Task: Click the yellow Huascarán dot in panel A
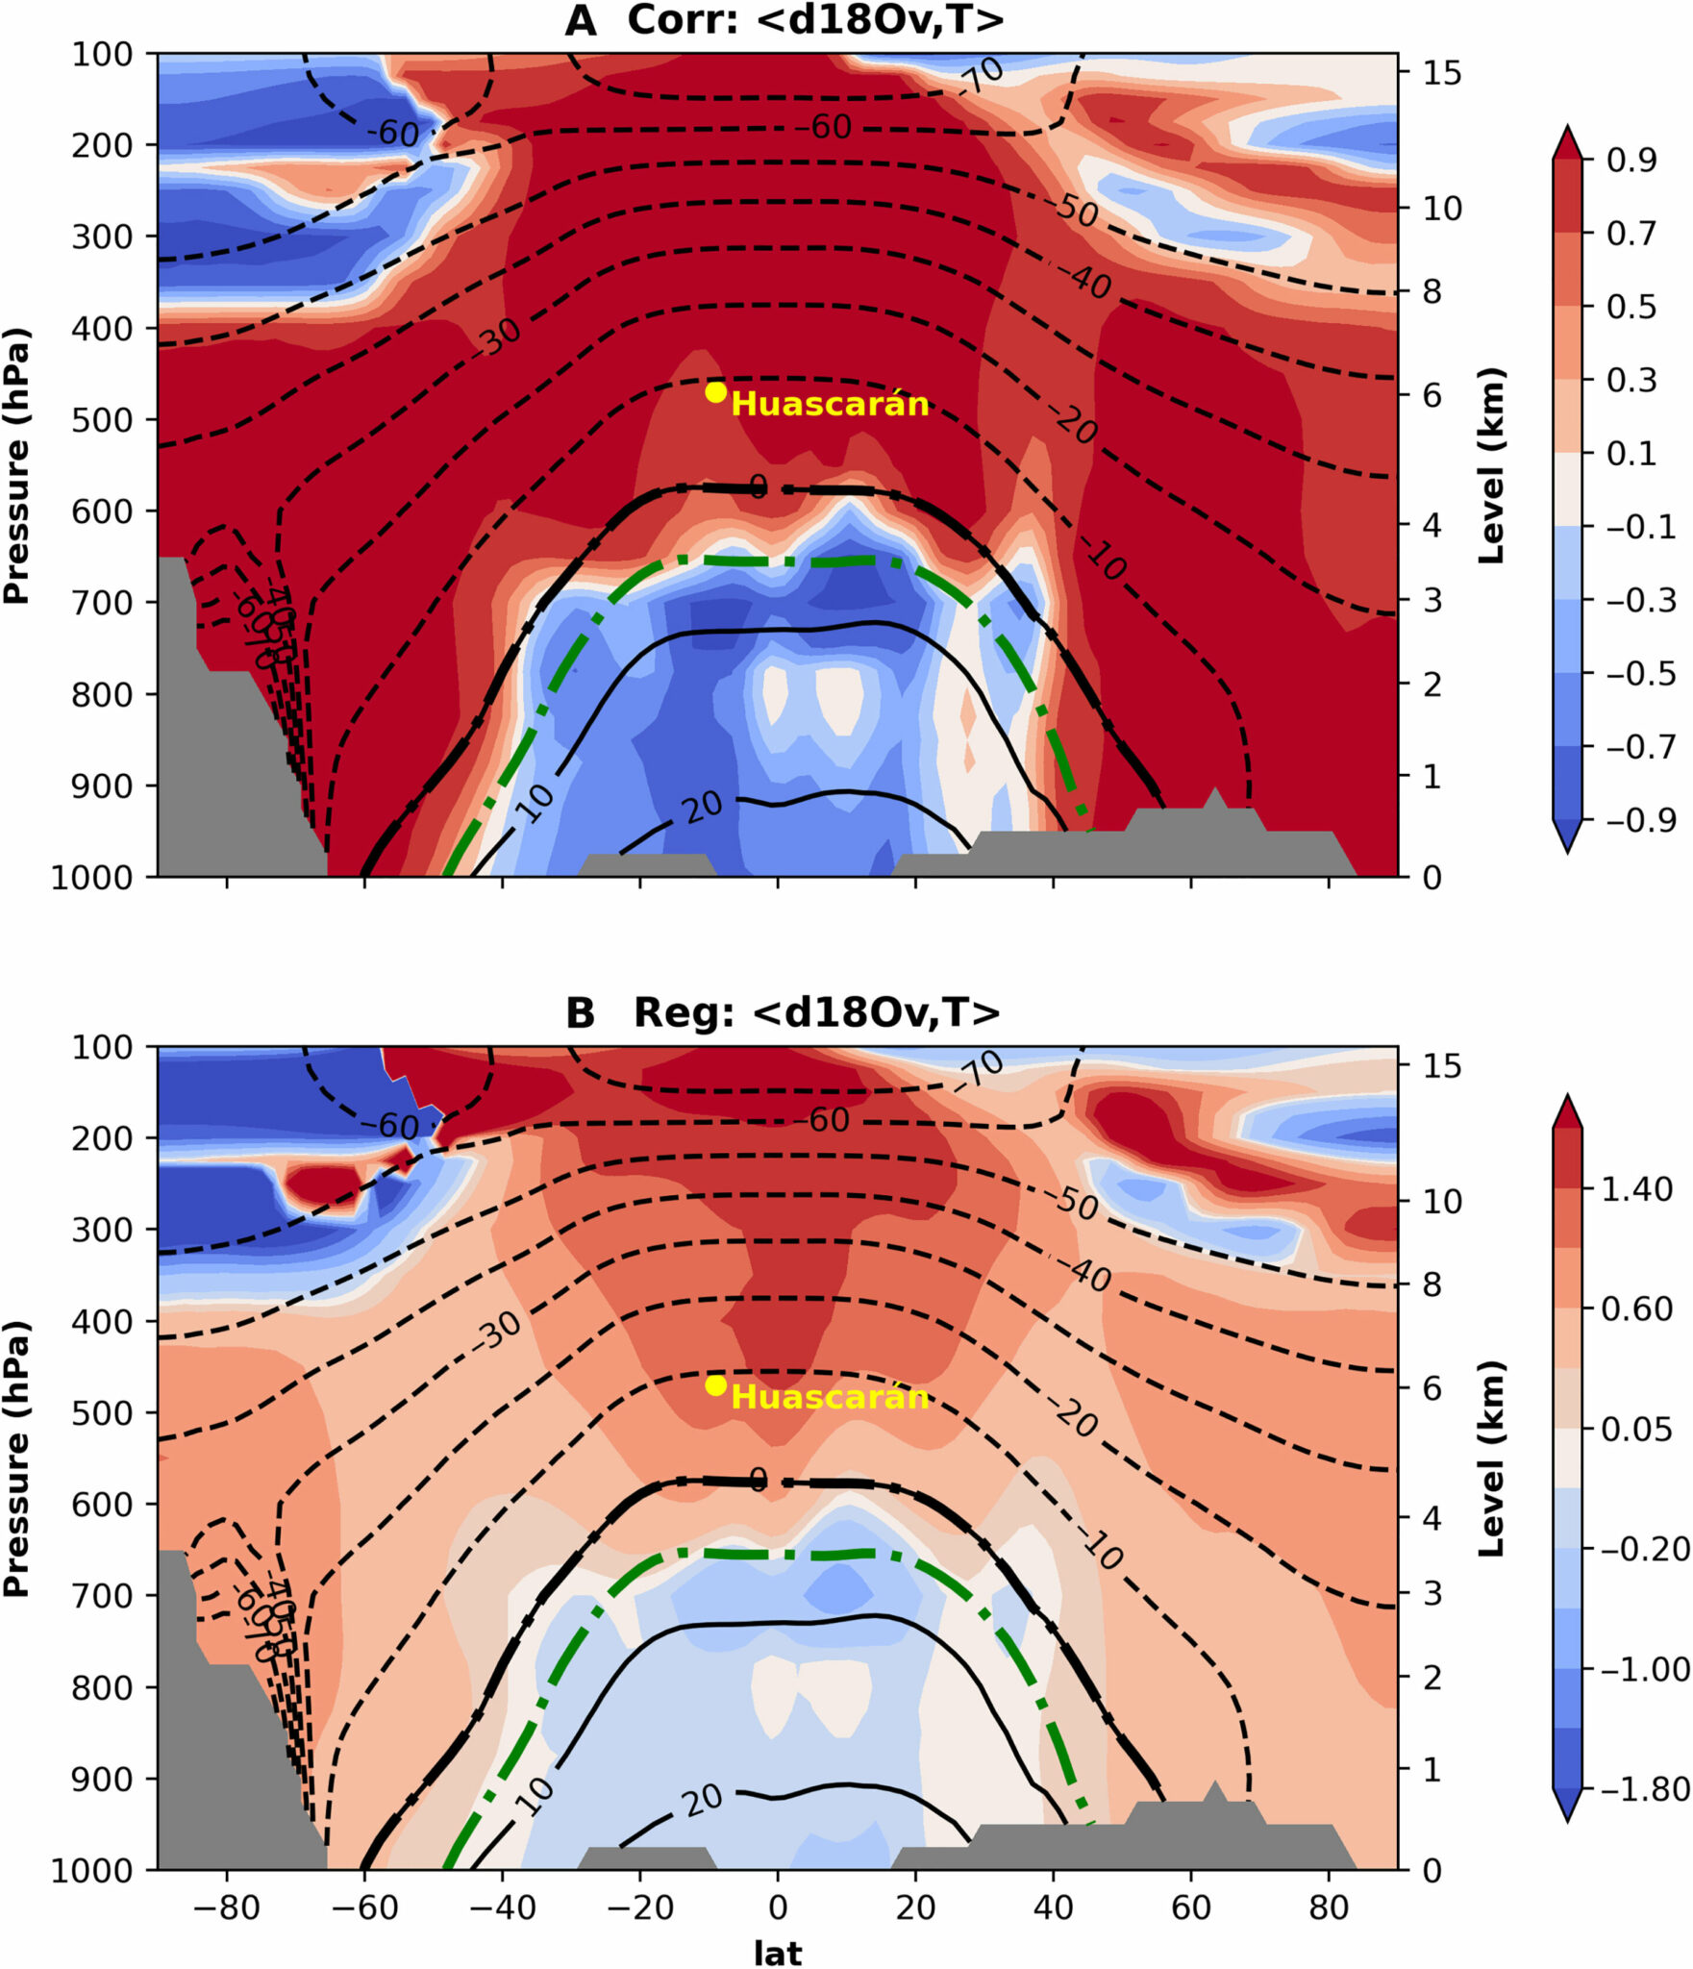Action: [715, 391]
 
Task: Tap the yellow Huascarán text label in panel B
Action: [830, 1396]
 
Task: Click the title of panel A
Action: [784, 20]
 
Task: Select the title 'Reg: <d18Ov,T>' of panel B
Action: [816, 1012]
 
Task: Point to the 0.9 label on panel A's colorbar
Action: [1631, 160]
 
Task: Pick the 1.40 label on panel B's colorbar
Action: [1636, 1189]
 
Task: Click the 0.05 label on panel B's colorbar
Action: [1636, 1429]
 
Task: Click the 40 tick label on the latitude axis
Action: [1053, 1906]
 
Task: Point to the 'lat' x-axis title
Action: [777, 1952]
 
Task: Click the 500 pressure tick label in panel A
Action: [101, 420]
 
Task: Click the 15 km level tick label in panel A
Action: [1441, 72]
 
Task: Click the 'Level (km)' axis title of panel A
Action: [1489, 465]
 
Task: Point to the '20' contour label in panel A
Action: [703, 806]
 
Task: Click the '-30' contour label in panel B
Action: [497, 1331]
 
